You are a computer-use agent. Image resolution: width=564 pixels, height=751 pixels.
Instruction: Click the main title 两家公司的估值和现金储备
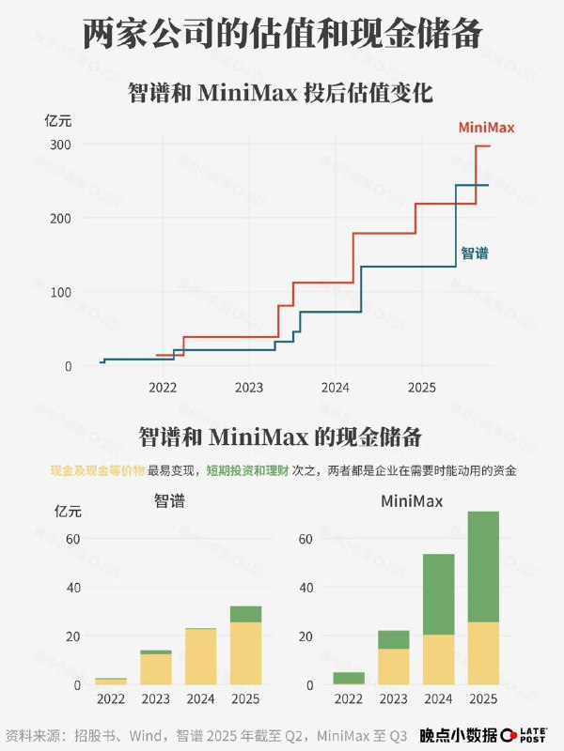click(x=282, y=34)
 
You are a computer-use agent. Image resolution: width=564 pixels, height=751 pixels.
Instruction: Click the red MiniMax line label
click(x=486, y=128)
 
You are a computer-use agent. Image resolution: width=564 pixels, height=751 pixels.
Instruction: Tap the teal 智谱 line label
click(x=475, y=253)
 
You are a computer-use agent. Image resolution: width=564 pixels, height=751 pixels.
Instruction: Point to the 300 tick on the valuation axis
click(x=61, y=145)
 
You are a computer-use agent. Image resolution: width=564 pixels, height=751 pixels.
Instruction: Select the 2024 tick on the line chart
click(x=335, y=387)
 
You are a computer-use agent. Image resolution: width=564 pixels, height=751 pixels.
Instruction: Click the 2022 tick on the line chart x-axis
click(x=163, y=387)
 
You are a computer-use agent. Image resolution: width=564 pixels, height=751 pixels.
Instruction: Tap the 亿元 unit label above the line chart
click(x=58, y=119)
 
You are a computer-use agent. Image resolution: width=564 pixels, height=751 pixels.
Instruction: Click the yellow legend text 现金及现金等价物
click(x=97, y=470)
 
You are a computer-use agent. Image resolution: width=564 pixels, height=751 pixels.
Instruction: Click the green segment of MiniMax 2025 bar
click(x=483, y=566)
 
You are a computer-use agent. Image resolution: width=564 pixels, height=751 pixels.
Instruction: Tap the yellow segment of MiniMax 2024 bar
click(x=438, y=660)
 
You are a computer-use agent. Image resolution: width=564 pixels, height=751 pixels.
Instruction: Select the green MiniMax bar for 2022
click(x=349, y=678)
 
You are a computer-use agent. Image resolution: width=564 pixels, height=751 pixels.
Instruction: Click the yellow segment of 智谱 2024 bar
click(x=201, y=657)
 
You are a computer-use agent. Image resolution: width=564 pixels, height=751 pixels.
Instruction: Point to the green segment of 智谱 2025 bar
click(x=246, y=614)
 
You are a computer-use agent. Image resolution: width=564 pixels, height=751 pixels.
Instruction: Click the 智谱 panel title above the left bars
click(x=169, y=501)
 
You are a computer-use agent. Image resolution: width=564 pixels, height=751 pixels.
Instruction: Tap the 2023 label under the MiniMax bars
click(x=394, y=699)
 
